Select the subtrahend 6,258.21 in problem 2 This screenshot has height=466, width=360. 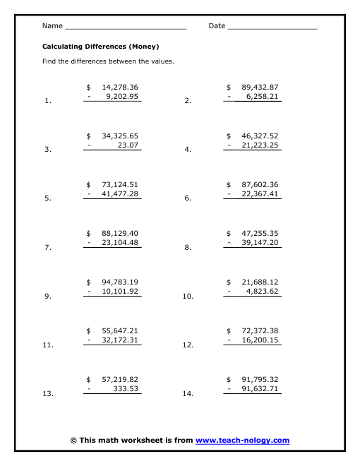[257, 97]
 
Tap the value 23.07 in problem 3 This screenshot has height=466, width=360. [128, 145]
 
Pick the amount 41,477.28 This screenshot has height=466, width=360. [120, 194]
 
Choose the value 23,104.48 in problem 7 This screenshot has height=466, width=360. [120, 243]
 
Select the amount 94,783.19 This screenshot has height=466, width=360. [120, 282]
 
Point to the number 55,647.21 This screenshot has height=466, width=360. [120, 330]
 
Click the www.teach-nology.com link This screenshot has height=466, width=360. [242, 441]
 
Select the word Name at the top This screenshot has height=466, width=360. [52, 26]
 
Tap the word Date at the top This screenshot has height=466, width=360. [217, 26]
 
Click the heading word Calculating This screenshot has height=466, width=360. [61, 46]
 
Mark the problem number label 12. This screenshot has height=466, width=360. [188, 345]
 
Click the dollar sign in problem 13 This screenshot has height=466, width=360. [89, 379]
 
